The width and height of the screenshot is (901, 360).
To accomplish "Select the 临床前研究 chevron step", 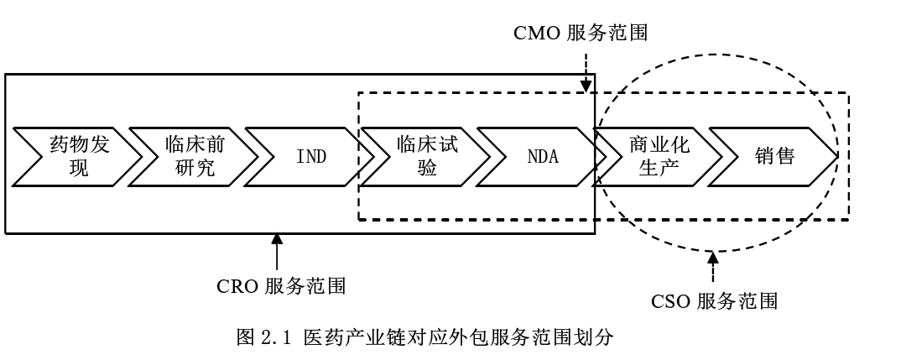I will (x=191, y=156).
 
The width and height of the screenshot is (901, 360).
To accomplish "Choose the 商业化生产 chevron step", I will (x=659, y=156).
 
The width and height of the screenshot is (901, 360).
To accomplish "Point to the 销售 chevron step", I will (x=774, y=156).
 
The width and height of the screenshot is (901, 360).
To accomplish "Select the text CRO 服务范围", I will (x=281, y=286).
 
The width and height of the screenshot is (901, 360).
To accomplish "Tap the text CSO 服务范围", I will (x=714, y=301).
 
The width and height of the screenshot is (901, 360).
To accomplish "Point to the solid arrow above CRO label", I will (x=278, y=252).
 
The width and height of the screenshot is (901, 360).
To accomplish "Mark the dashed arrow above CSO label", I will (x=714, y=266).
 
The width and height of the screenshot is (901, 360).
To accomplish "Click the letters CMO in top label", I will (x=536, y=33).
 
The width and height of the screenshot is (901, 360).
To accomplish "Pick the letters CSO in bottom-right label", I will (x=670, y=301).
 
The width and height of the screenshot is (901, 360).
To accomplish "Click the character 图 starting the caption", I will (x=246, y=339).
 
